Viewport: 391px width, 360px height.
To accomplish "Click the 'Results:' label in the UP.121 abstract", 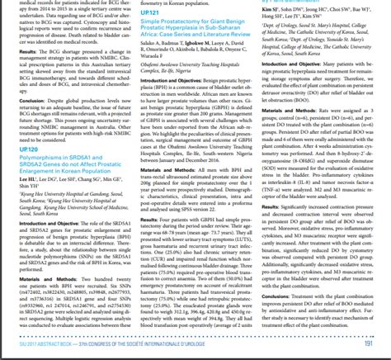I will (147, 243).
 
